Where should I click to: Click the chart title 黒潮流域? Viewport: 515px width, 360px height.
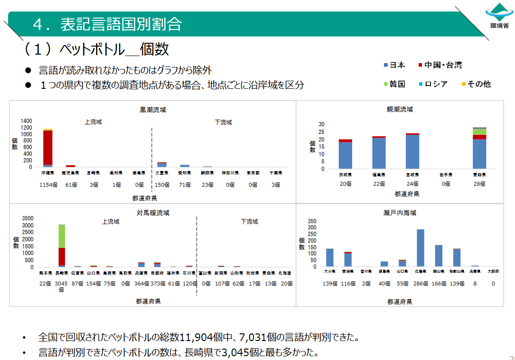[152, 110]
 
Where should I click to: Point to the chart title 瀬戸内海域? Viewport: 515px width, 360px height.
[400, 213]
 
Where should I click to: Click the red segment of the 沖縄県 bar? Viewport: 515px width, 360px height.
[47, 147]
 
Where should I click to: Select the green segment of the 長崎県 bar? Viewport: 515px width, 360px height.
[62, 236]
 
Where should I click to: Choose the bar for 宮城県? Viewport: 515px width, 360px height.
[412, 151]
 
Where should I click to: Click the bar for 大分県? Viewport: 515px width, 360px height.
[329, 257]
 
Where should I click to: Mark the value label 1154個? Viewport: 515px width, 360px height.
[47, 185]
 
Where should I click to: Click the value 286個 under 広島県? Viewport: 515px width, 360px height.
[420, 284]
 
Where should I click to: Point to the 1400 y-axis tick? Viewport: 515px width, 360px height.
[26, 121]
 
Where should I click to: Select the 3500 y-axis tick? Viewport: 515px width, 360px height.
[28, 218]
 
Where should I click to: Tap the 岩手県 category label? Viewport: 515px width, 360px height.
[445, 175]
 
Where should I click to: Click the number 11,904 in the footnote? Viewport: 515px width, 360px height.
[196, 338]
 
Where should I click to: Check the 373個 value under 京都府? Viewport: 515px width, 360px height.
[158, 284]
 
